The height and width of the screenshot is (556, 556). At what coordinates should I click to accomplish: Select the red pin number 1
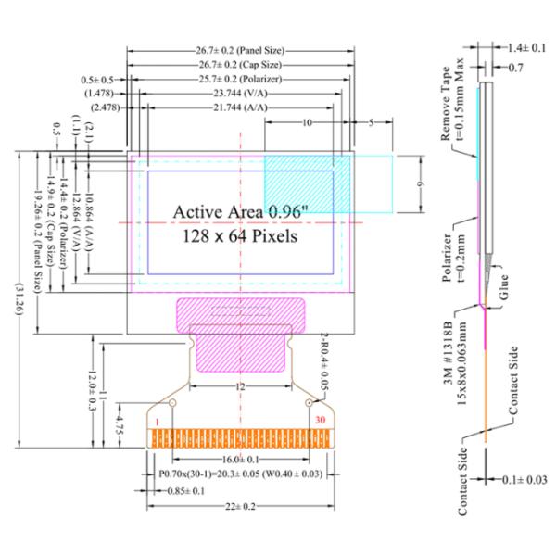pyautogui.click(x=158, y=423)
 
